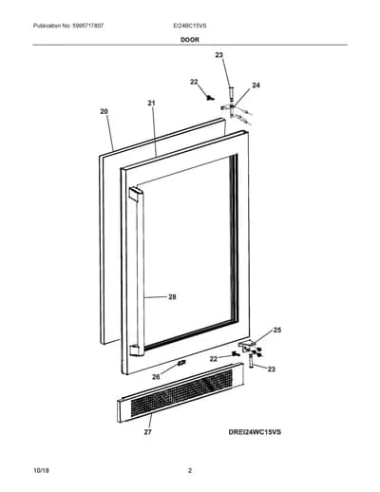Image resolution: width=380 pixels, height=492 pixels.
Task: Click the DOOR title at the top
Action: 190,40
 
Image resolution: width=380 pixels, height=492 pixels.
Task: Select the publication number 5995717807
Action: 87,26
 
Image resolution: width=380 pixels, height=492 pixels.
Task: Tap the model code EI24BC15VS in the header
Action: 190,26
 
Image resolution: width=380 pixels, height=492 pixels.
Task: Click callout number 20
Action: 104,111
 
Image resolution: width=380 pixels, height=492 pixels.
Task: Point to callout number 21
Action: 151,103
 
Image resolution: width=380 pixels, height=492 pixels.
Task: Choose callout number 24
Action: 256,85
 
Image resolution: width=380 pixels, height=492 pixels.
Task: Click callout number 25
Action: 277,331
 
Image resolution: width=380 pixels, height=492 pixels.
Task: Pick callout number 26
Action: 156,377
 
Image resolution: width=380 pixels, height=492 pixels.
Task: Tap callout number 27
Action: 148,432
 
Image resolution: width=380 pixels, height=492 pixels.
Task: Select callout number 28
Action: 172,297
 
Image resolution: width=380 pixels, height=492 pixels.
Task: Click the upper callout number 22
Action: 194,82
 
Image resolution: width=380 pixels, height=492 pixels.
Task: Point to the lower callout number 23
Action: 272,369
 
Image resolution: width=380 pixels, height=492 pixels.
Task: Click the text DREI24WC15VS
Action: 255,432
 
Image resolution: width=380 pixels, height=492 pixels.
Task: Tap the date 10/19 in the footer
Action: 41,470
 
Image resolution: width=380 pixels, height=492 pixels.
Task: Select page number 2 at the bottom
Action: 190,470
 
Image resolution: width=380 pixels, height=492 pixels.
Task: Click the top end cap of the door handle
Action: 136,194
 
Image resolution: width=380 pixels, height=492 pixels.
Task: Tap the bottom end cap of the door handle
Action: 137,350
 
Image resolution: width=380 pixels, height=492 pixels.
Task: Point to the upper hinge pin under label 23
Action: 231,93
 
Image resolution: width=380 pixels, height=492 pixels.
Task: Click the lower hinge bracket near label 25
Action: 247,346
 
